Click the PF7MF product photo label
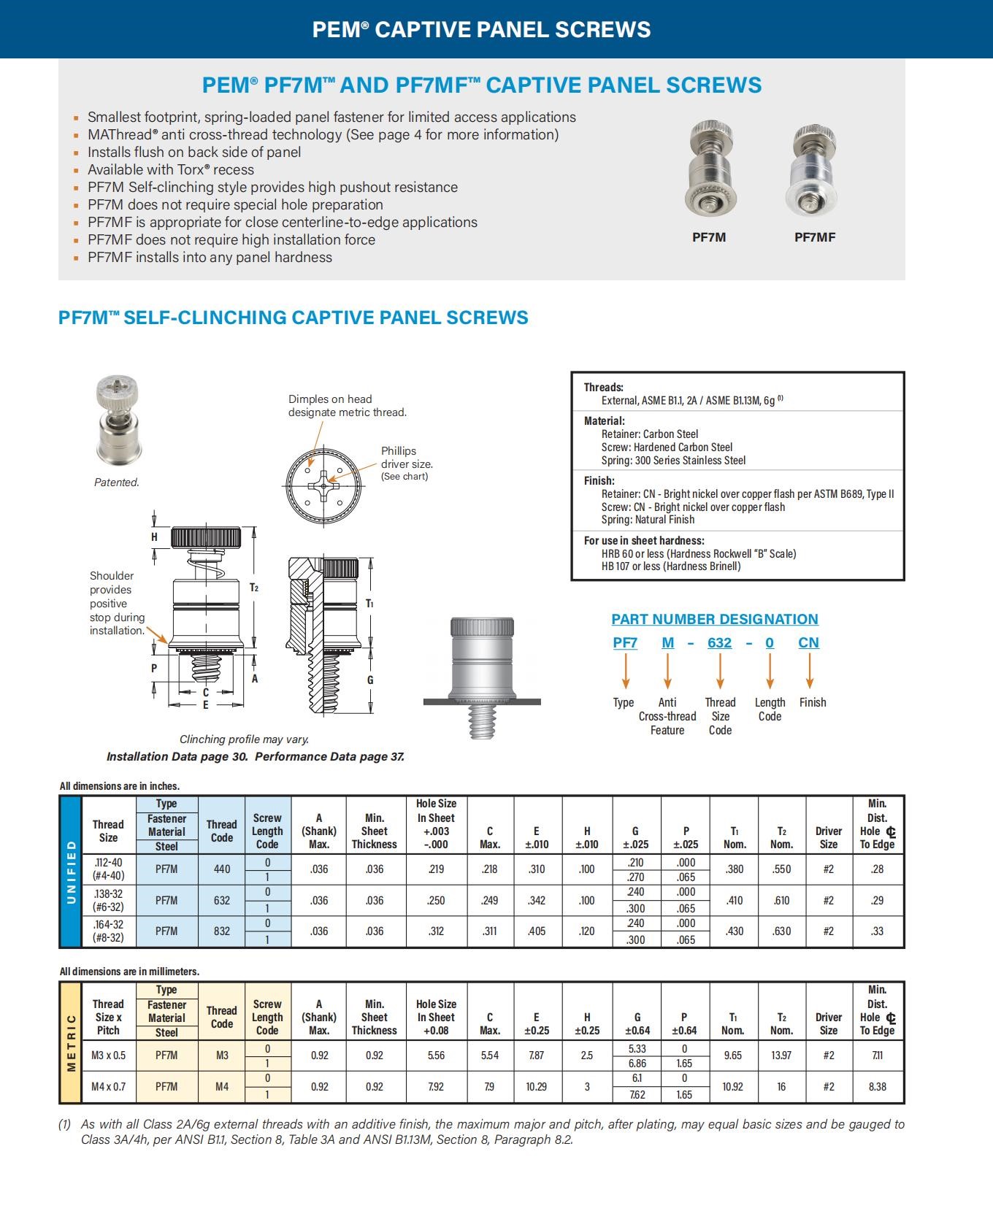[814, 237]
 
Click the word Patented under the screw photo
[117, 483]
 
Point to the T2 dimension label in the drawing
[254, 588]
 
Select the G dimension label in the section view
[370, 680]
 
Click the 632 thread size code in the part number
[719, 643]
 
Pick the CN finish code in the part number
[808, 643]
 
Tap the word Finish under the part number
[812, 702]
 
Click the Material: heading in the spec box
[604, 421]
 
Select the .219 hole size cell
[436, 869]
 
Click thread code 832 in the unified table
[221, 931]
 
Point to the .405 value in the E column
[537, 931]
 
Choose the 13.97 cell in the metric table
[781, 1056]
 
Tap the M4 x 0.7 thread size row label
[108, 1087]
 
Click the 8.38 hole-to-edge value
[877, 1087]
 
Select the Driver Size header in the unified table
[828, 838]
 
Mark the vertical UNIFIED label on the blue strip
[72, 872]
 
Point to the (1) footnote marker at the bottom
[65, 1125]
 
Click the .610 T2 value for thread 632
[781, 901]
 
